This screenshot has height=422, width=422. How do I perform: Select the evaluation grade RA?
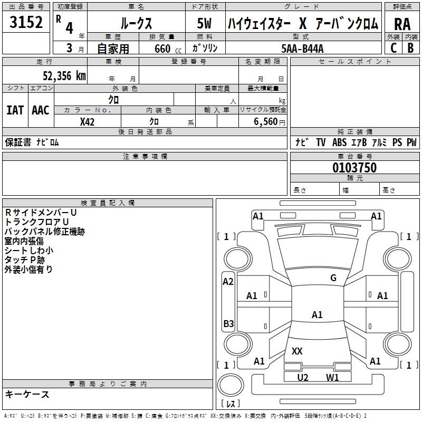point(402,24)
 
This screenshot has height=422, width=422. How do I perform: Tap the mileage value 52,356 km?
point(57,75)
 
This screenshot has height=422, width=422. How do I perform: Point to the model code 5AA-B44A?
point(302,49)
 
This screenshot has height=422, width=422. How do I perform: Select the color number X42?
point(88,122)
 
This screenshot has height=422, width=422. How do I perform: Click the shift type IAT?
point(15,110)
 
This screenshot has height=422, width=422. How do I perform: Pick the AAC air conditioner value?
point(41,110)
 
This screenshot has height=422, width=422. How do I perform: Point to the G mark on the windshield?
point(333,278)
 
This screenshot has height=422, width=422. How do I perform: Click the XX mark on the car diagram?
point(297,351)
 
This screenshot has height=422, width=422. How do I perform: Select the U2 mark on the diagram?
point(302,377)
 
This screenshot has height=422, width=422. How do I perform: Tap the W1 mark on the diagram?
point(332,377)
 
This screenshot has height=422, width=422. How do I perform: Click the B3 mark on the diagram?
point(228,323)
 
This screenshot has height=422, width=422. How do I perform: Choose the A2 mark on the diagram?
point(228,282)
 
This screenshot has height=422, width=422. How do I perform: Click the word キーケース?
point(27,394)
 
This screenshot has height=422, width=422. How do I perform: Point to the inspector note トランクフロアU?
point(37,222)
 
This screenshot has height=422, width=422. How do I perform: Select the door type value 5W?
point(205,24)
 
